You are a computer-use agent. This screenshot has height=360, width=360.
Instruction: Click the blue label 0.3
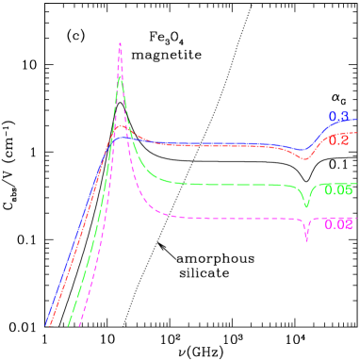coord(338,117)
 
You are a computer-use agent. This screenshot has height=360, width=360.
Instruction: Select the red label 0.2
coord(339,140)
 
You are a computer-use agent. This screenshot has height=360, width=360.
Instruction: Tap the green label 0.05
coord(337,190)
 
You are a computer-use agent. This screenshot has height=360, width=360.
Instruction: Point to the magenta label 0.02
coord(338,224)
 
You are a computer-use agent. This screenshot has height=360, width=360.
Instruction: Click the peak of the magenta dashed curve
coord(120,43)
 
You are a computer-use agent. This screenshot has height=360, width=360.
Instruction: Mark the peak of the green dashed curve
coord(120,75)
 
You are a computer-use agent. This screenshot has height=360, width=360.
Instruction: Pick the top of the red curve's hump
coord(121,125)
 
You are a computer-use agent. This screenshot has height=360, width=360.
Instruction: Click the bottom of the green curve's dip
coord(306,206)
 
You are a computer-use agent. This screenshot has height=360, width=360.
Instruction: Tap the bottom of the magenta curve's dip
coord(306,240)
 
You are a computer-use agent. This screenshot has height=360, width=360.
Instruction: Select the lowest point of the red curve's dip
coord(303,159)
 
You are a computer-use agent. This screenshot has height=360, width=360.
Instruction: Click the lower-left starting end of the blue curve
coord(45,325)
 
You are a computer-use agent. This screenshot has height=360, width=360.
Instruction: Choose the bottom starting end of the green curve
coord(69,326)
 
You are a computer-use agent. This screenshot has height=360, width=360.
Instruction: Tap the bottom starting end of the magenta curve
coord(80,326)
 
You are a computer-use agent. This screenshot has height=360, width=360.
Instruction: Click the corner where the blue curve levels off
coord(114,139)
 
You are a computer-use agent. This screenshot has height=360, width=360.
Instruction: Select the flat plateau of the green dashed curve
coord(226,184)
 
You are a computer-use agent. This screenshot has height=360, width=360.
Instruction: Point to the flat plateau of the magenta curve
coord(226,219)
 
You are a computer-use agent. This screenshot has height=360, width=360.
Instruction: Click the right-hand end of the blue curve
coord(357,120)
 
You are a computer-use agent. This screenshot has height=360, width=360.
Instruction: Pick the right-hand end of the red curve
coord(357,134)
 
